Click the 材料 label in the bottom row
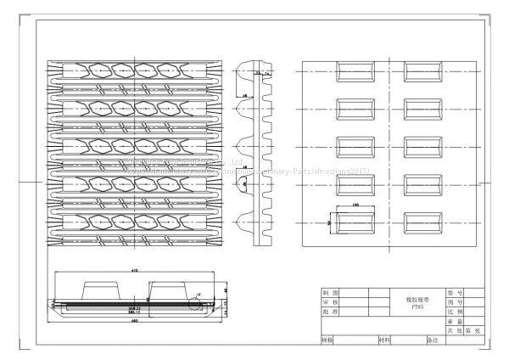tap(384, 340)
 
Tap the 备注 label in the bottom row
tap(431, 340)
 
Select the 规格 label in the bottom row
tap(327, 340)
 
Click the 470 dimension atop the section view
tap(134, 270)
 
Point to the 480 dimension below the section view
tap(134, 330)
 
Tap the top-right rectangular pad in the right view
tap(421, 70)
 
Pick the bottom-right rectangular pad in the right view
tap(421, 222)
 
